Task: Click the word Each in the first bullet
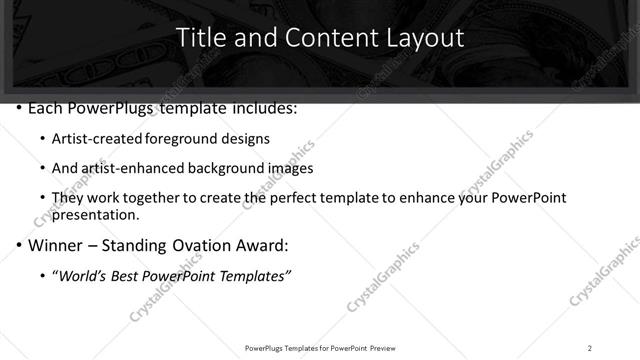(46, 107)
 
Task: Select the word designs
(244, 138)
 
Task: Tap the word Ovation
(200, 244)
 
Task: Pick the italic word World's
(86, 275)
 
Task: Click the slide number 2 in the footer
(590, 348)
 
